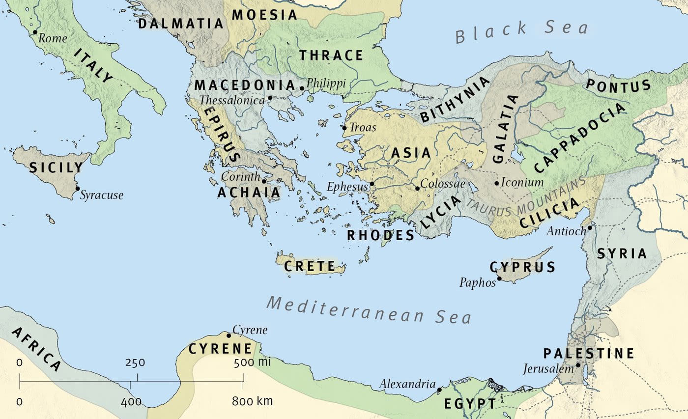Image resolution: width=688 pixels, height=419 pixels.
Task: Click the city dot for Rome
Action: coord(35,32)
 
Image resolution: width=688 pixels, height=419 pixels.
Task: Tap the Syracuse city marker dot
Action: coord(77,189)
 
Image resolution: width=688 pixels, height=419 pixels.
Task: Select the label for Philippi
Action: coord(326,83)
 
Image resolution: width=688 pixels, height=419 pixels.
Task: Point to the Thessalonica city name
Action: coord(232,100)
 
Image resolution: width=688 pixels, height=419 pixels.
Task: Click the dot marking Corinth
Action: coord(264,181)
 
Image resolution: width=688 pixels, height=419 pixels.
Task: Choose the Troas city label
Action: coord(363,128)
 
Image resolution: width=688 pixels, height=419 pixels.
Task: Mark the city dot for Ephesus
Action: coord(372,184)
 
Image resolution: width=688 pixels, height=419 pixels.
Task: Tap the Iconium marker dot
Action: coord(497,183)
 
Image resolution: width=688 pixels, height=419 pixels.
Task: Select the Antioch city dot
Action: coord(589,227)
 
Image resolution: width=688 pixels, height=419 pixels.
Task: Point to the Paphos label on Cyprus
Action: coord(478,282)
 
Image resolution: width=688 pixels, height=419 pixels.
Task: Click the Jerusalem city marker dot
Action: coord(578,365)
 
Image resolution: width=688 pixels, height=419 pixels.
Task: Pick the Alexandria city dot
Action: coord(439,390)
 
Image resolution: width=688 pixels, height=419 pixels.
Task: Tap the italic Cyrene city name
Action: coord(250,330)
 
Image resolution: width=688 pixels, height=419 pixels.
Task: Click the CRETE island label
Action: coord(310,267)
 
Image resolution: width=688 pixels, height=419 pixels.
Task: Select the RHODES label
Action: coord(381,236)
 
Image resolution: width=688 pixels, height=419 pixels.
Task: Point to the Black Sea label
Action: coord(521,32)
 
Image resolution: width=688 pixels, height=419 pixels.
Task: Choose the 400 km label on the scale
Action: coord(131,402)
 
